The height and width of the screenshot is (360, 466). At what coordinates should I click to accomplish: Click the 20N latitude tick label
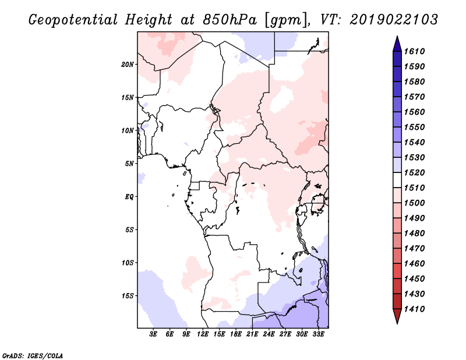coord(128,64)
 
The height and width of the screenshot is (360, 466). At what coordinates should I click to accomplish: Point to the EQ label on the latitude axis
coord(129,197)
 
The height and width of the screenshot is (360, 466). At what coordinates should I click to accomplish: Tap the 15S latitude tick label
coord(128,296)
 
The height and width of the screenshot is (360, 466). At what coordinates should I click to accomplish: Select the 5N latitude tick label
coord(129,164)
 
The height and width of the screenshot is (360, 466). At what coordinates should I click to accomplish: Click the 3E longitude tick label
coord(154,334)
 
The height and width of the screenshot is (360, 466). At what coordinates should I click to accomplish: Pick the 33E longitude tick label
coord(318,334)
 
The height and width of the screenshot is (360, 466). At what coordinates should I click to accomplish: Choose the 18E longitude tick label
coord(236,334)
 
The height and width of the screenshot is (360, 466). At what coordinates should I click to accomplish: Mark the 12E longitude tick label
coord(203,334)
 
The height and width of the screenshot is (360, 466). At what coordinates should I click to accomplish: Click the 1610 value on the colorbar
coord(416,51)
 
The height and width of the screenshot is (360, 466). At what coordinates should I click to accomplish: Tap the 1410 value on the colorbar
coord(416,309)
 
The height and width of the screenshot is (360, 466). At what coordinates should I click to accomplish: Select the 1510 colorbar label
coord(416,188)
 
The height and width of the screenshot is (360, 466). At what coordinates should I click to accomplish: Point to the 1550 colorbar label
coord(416,127)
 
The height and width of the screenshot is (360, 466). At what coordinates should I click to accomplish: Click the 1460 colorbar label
coord(416,263)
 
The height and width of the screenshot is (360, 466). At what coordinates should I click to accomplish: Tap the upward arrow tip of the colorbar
coord(396,38)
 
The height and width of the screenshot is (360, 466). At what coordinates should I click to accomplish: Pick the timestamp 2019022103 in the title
coord(394,19)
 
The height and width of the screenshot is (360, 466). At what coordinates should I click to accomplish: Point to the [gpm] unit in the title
coord(284,20)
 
